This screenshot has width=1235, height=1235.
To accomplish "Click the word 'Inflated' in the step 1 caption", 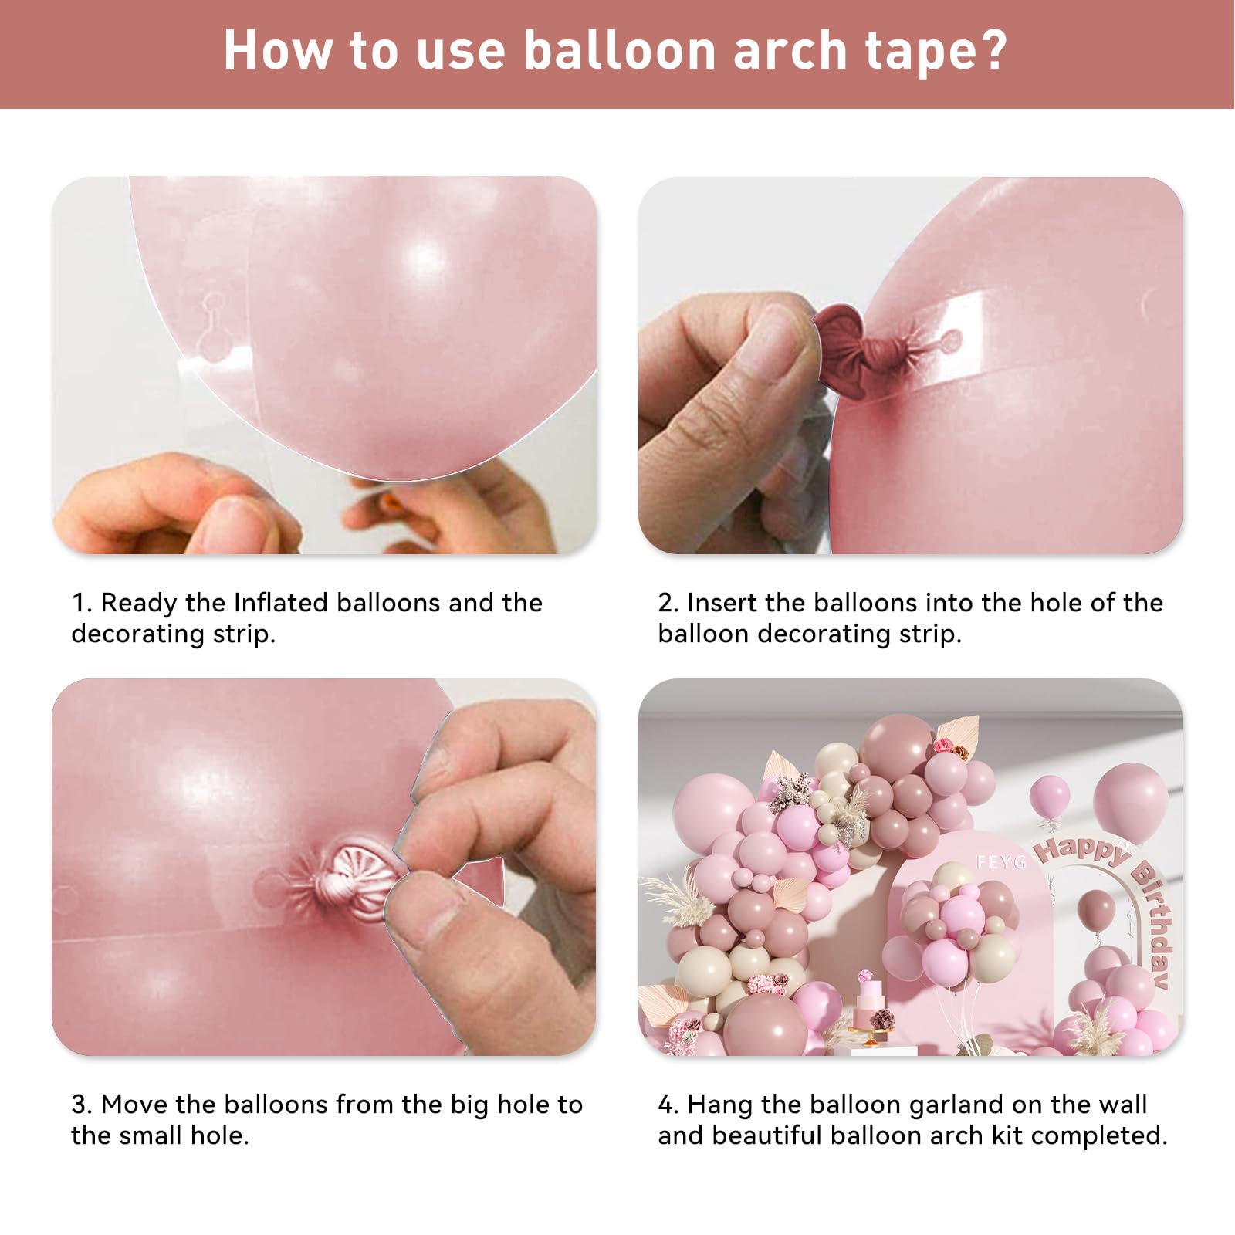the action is (281, 602).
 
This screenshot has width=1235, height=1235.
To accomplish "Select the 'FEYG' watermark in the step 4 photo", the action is (1001, 861).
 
